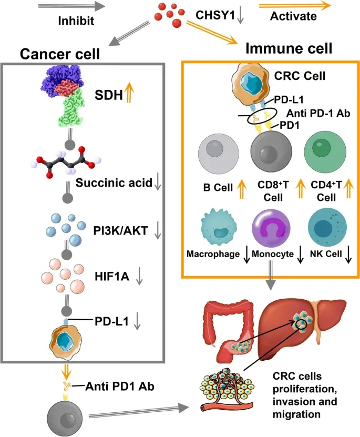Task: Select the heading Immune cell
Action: (289, 49)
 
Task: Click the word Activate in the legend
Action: (293, 16)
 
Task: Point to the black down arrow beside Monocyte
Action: (301, 255)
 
